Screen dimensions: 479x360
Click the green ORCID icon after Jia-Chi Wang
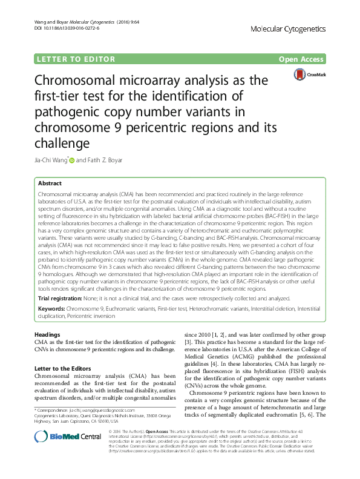72,160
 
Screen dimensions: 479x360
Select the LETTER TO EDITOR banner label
76,59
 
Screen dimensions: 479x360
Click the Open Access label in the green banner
301,59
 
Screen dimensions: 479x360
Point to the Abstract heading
49,183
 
